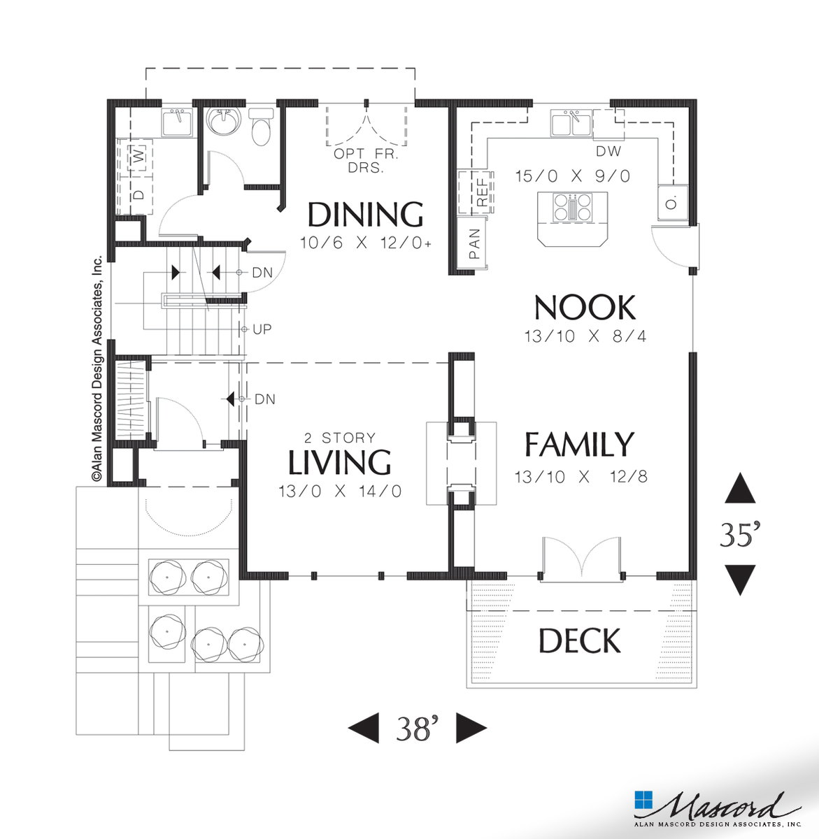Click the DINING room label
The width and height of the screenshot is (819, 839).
(x=365, y=215)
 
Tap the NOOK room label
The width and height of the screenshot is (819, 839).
(x=585, y=308)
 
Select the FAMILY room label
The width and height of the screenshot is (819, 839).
(x=579, y=445)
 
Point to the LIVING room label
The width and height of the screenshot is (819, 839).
(x=339, y=462)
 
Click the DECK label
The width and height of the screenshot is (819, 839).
(x=580, y=641)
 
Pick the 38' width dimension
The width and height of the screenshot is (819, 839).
(x=416, y=729)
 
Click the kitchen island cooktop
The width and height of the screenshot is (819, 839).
(x=572, y=208)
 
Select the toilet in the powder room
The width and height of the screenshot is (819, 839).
(x=262, y=128)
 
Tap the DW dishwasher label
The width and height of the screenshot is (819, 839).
(x=608, y=151)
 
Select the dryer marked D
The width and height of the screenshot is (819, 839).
(x=138, y=194)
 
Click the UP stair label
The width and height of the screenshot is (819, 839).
(x=262, y=329)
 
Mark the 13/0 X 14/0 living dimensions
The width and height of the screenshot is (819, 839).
(x=339, y=492)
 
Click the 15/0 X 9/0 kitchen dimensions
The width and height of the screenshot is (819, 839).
(x=572, y=176)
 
